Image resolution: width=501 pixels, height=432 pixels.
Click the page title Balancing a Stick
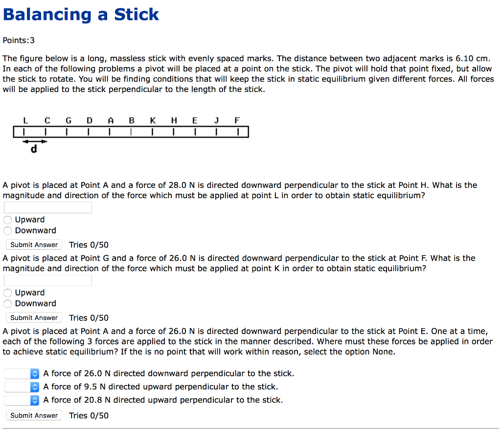(81, 15)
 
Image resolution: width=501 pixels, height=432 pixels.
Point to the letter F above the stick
(237, 120)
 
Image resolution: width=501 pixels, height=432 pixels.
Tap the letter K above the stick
(153, 120)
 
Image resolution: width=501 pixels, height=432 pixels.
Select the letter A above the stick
(111, 120)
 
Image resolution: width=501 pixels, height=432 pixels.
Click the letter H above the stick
(174, 120)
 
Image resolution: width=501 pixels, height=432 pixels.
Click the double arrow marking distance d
(34, 141)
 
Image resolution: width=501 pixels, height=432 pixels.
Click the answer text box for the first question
(48, 207)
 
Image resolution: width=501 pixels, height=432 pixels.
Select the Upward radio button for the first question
(8, 220)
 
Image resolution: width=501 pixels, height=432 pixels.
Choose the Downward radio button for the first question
(8, 230)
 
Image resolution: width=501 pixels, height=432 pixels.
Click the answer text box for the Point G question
(48, 280)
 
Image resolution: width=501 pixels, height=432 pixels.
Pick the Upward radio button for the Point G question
(8, 293)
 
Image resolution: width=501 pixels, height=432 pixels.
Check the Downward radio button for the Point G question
(8, 303)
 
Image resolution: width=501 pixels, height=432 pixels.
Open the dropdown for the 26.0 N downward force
(22, 374)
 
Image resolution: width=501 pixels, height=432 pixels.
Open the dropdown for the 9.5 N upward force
(22, 387)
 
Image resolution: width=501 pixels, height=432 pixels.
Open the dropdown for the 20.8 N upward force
(22, 400)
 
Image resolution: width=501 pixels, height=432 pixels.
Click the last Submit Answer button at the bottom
(34, 415)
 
